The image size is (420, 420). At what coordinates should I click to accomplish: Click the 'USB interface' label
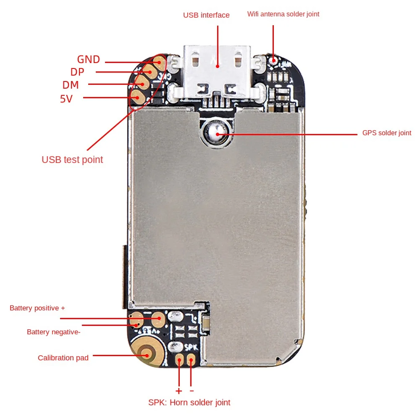click(x=206, y=15)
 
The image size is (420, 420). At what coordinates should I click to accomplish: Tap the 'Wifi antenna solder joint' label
click(x=283, y=14)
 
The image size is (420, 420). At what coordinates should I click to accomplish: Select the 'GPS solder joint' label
click(x=387, y=133)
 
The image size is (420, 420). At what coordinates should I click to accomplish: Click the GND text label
click(x=88, y=59)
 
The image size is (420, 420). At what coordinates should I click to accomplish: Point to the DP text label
click(x=77, y=72)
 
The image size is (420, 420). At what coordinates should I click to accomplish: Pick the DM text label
click(x=71, y=85)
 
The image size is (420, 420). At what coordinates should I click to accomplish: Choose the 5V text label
click(x=66, y=99)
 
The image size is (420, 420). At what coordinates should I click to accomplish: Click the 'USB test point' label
click(x=72, y=160)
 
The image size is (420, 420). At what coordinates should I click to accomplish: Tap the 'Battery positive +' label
click(x=37, y=308)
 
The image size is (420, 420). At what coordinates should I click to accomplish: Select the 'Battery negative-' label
click(x=53, y=332)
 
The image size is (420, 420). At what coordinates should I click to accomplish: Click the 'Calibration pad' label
click(x=63, y=358)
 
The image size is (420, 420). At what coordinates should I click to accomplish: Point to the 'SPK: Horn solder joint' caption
click(x=189, y=402)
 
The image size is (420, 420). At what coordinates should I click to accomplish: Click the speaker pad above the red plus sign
click(x=180, y=360)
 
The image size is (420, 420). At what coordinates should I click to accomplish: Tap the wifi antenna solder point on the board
click(x=273, y=60)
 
